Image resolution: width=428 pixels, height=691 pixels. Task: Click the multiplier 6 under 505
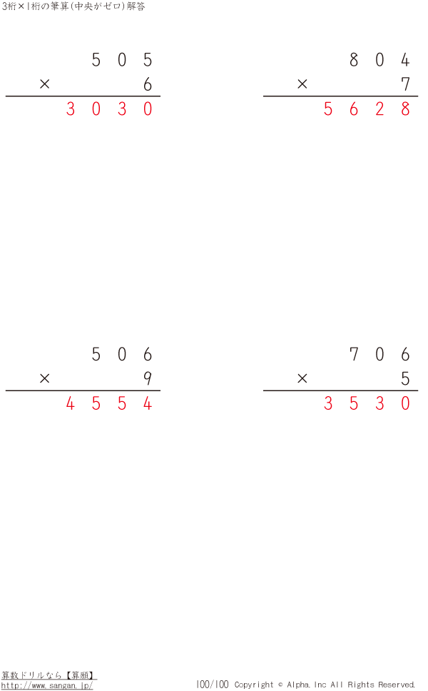148,84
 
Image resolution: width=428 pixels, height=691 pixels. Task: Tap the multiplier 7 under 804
405,84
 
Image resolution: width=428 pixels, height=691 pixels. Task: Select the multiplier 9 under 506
148,379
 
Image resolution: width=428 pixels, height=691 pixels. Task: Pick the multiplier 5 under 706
405,379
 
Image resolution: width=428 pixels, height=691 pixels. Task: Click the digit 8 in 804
354,60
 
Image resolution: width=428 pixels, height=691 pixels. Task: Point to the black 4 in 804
405,60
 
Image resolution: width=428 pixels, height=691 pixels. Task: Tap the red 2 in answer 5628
379,109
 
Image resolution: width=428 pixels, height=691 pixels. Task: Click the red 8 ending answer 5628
405,109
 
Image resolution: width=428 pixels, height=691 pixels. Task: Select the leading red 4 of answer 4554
70,404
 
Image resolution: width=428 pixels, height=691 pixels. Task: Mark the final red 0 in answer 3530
405,404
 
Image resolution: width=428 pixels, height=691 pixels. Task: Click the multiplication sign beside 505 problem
45,84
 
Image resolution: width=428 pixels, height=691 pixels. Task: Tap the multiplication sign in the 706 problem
302,379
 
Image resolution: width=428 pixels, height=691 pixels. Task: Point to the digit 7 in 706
354,355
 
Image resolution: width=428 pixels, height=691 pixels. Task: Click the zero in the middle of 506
122,355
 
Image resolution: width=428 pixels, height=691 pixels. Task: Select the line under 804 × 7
340,96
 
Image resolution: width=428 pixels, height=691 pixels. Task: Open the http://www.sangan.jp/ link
47,685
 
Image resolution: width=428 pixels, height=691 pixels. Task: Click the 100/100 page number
212,685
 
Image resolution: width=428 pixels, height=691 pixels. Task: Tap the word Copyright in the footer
254,685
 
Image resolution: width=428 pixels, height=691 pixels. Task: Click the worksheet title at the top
73,6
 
